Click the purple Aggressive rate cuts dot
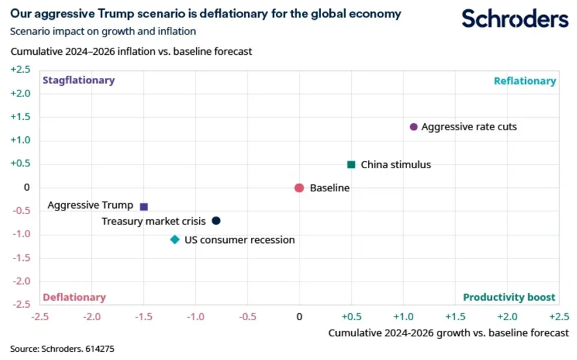point(414,127)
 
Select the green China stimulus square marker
point(351,164)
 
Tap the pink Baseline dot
point(299,188)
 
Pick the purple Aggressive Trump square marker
point(144,207)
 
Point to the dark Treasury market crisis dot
point(216,220)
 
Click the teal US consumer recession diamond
point(175,240)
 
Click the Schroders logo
point(515,19)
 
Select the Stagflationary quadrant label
point(78,80)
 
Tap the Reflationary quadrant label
point(524,81)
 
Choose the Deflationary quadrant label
point(74,298)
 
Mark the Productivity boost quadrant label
point(509,298)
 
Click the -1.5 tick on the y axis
point(22,258)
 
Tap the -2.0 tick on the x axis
point(92,316)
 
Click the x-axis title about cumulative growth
point(448,333)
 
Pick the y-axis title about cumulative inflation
point(131,52)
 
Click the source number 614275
point(98,349)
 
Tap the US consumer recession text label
point(240,240)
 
